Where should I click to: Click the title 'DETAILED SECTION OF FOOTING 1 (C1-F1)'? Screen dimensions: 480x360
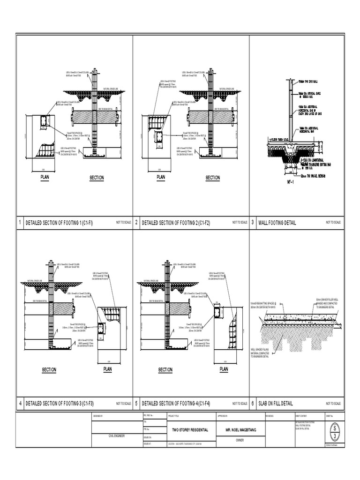pos(59,223)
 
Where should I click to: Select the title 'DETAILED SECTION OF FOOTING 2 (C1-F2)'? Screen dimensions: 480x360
pos(176,223)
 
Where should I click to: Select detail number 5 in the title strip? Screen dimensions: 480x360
pos(136,403)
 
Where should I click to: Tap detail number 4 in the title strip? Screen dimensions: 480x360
pos(20,403)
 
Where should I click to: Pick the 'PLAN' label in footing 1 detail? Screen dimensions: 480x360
pos(45,177)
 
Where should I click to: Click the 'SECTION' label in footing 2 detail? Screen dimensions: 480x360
pos(212,178)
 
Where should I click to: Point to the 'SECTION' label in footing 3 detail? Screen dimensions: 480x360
pos(49,370)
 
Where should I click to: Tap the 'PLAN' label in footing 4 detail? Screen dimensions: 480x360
pos(224,369)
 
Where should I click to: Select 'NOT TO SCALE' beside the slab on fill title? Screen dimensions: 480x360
pos(335,404)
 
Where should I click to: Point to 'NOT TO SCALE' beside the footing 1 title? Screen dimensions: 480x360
pos(122,223)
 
